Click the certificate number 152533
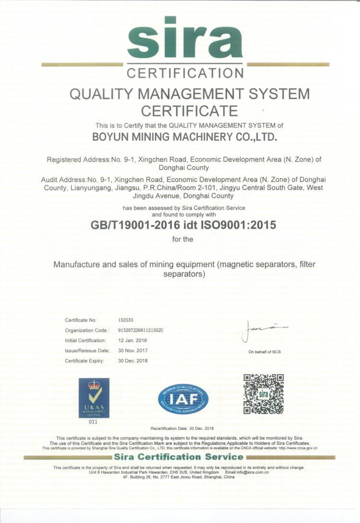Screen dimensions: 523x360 tap(125, 320)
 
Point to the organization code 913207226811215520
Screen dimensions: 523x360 tap(141, 330)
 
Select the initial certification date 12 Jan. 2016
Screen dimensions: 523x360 tap(133, 340)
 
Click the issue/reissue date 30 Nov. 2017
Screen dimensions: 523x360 tap(133, 350)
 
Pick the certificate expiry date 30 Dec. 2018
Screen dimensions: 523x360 tap(133, 360)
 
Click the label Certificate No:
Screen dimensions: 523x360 tap(81, 320)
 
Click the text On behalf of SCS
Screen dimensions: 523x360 tap(265, 352)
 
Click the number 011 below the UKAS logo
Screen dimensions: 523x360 tap(94, 422)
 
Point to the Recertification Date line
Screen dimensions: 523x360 tap(182, 428)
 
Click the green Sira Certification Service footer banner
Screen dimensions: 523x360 tap(179, 456)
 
